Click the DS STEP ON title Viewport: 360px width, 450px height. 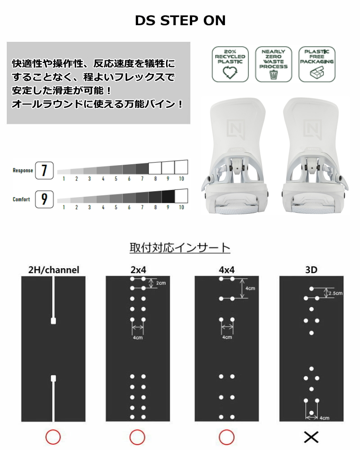(180, 21)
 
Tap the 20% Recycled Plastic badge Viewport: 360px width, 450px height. (230, 64)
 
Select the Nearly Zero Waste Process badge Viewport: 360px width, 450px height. (274, 64)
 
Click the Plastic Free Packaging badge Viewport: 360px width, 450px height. (317, 64)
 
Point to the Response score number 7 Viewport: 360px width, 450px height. (44, 171)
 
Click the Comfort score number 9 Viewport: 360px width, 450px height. (44, 199)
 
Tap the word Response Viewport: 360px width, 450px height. (22, 171)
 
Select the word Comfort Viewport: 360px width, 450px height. (22, 199)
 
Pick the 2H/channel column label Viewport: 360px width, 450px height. (54, 270)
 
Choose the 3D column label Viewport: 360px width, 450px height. (311, 270)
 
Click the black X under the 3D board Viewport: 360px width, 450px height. (311, 436)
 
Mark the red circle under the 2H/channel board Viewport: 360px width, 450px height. (53, 436)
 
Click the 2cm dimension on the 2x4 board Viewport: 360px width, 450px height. (160, 283)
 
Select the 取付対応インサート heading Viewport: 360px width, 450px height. (180, 247)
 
